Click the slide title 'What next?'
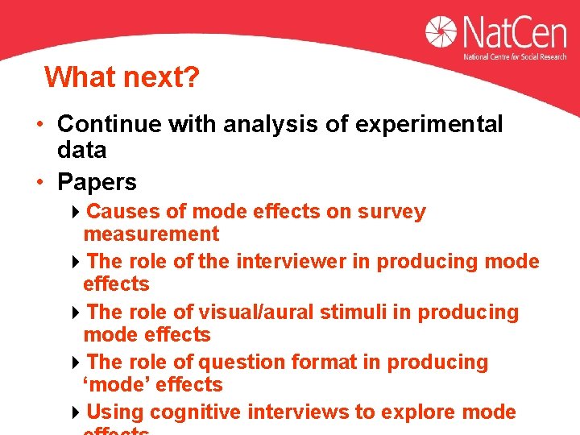pyautogui.click(x=122, y=78)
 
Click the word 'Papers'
pyautogui.click(x=97, y=182)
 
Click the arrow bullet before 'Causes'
pyautogui.click(x=75, y=213)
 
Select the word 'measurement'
pyautogui.click(x=151, y=234)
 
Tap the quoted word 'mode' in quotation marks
pyautogui.click(x=114, y=385)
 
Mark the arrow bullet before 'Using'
pyautogui.click(x=75, y=413)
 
